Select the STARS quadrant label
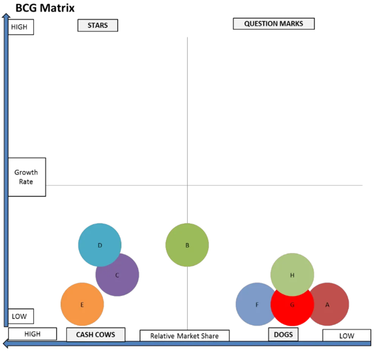click(98, 25)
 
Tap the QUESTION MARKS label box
click(273, 23)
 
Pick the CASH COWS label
click(96, 335)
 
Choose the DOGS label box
click(283, 335)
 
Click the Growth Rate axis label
click(27, 177)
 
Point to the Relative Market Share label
click(184, 336)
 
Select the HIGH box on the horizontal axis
click(33, 334)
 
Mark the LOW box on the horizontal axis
click(346, 336)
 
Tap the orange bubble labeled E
click(82, 305)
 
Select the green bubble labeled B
click(187, 245)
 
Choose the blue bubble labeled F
click(254, 304)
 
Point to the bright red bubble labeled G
click(292, 310)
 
